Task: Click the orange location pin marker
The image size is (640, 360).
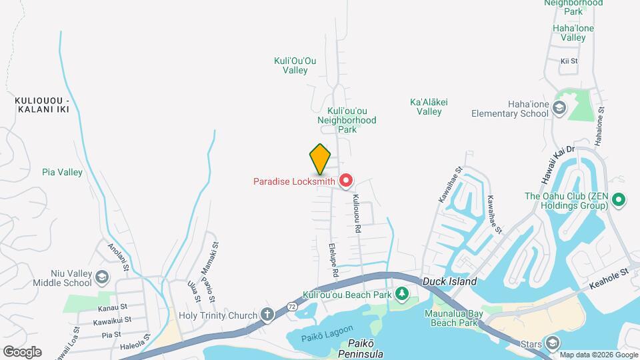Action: tap(321, 159)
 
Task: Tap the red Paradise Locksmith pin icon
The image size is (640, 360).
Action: tap(346, 181)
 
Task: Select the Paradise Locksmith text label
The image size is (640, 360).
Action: tap(294, 181)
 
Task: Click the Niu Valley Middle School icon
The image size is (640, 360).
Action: tap(101, 277)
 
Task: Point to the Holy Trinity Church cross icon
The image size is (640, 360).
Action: tap(267, 315)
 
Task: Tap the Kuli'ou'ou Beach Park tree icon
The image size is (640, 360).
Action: tap(401, 294)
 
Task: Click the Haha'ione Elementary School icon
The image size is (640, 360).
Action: tap(559, 108)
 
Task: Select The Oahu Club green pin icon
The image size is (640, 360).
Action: tap(617, 199)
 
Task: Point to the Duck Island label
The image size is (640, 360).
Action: tap(449, 282)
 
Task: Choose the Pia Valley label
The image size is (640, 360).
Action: tap(62, 173)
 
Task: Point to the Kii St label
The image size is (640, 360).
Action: tap(569, 61)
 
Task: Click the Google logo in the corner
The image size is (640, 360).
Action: tap(21, 351)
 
